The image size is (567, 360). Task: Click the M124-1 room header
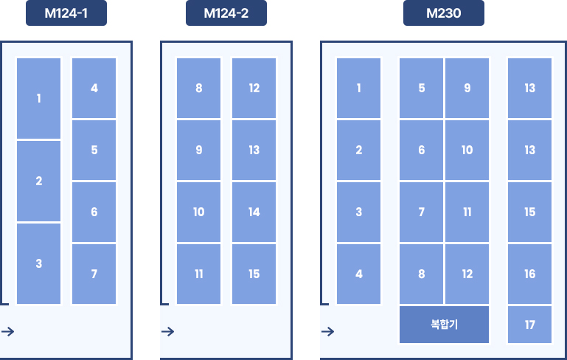66,13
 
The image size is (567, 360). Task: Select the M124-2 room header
226,13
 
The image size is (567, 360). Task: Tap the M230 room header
444,13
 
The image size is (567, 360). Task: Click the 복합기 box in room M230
444,325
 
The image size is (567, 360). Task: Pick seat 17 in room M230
529,325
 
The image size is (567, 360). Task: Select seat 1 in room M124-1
38,98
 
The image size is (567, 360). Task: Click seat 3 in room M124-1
38,264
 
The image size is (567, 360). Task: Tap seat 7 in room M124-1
94,274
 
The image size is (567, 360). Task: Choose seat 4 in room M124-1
94,88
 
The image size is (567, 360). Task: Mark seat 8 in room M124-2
198,88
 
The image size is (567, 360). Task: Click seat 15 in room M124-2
254,274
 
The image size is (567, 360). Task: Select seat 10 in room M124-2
198,212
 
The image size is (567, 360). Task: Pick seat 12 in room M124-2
254,88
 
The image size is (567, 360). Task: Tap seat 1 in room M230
359,88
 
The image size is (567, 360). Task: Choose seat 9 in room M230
467,88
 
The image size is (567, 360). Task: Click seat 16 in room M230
529,274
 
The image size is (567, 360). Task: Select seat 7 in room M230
421,212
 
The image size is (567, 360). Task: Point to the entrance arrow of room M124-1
8,331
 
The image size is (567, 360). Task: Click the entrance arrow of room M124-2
168,331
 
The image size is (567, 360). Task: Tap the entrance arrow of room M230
327,331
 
